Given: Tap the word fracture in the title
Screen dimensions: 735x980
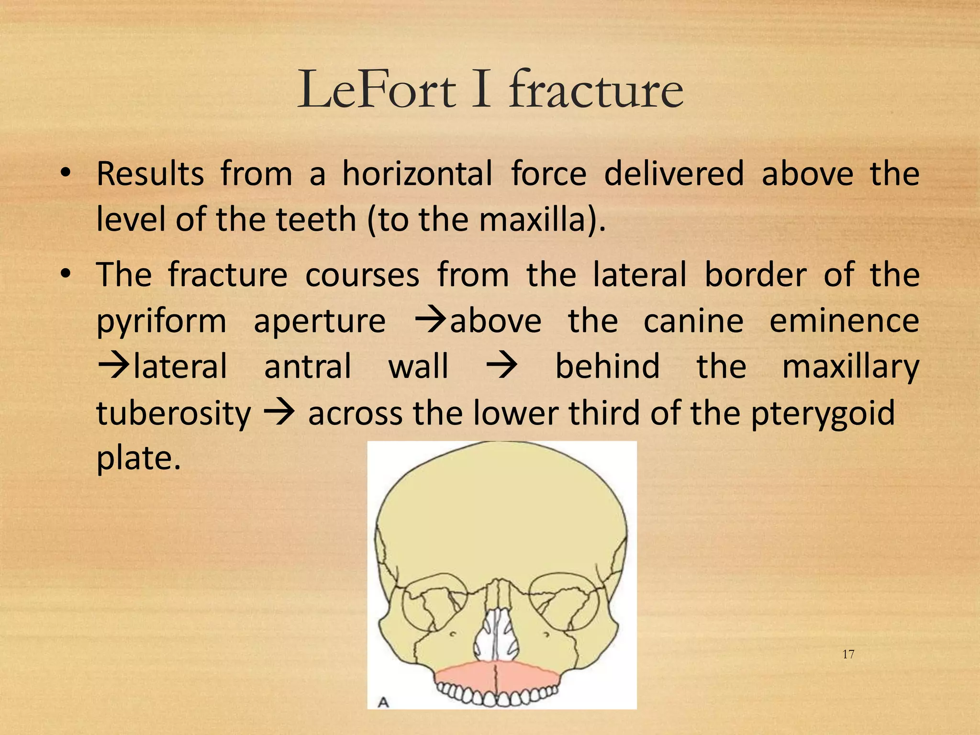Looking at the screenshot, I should tap(596, 90).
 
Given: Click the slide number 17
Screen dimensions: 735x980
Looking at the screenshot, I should tap(848, 655).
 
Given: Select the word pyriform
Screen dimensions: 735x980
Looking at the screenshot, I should tap(161, 322).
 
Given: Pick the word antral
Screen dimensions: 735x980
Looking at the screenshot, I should tap(308, 367).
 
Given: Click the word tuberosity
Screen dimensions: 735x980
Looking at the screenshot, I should tap(173, 412).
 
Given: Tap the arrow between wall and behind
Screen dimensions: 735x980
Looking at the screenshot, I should tap(501, 367).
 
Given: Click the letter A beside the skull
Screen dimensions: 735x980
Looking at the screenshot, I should tap(383, 702).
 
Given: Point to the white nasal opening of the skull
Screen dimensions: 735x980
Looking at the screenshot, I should tap(497, 632).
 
